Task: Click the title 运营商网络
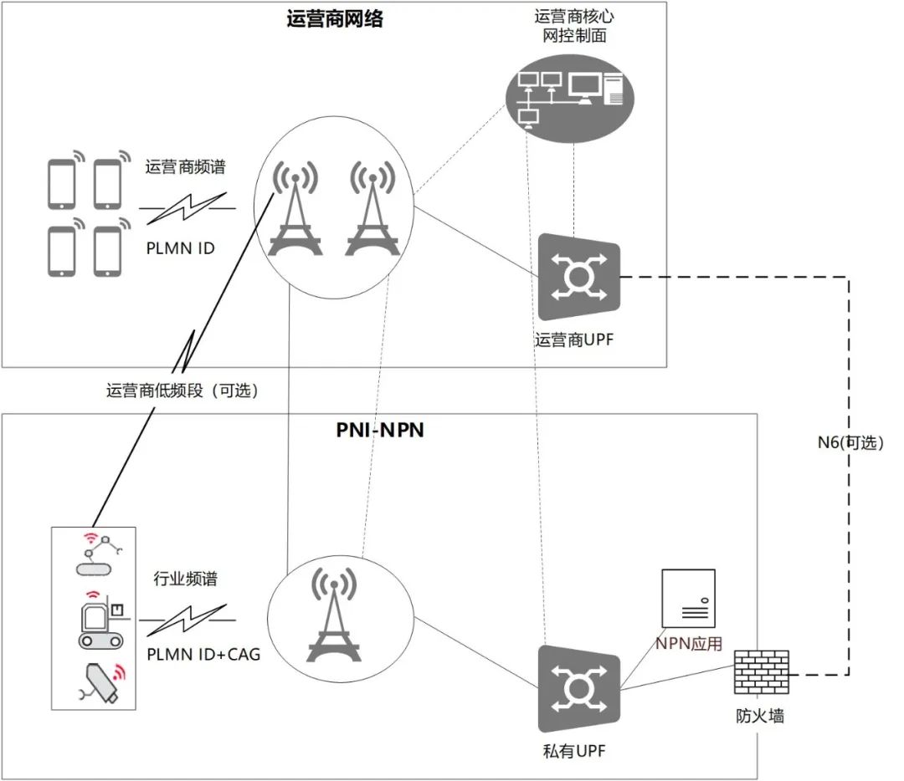[x=334, y=19]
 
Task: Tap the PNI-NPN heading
[x=380, y=431]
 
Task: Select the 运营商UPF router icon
[x=579, y=277]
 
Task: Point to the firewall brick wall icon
[x=761, y=672]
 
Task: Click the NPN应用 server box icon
[x=688, y=599]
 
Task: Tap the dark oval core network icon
[x=570, y=99]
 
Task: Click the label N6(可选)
[x=850, y=442]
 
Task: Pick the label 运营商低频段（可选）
[x=182, y=390]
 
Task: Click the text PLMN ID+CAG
[x=203, y=654]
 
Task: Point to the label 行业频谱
[x=185, y=579]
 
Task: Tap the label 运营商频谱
[x=185, y=167]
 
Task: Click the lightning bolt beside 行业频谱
[x=187, y=620]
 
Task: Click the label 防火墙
[x=760, y=716]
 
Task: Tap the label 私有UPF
[x=573, y=751]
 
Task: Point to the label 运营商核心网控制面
[x=574, y=26]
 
